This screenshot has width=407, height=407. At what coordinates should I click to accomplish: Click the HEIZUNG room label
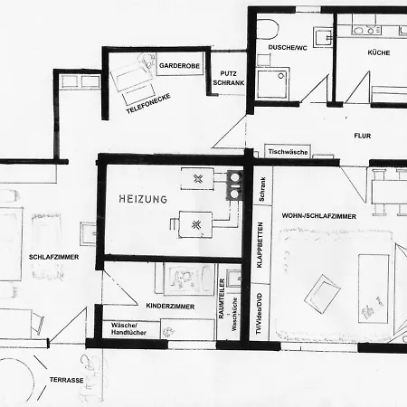tap(143, 199)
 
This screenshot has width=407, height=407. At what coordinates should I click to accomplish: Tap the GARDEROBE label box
tap(180, 65)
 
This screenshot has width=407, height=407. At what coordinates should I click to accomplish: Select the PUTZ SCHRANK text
tap(229, 78)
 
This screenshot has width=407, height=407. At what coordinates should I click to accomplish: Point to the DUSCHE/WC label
tap(288, 48)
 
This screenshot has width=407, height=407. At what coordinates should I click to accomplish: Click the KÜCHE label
tap(379, 52)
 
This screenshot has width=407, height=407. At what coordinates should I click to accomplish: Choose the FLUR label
tap(363, 136)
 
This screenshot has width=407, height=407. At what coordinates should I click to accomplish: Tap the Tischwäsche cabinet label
tap(288, 152)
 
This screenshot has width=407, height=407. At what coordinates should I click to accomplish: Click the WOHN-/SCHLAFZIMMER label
tap(319, 216)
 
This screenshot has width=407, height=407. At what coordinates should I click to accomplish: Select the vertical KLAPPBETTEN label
tap(260, 245)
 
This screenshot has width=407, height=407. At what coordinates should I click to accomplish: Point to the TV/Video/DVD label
tap(259, 314)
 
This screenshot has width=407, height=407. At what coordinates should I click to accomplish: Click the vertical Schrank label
tap(261, 189)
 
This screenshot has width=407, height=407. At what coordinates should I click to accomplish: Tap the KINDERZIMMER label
tap(170, 307)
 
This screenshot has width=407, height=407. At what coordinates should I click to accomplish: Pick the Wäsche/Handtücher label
tap(128, 329)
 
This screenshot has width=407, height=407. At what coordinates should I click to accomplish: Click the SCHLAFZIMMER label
tap(53, 257)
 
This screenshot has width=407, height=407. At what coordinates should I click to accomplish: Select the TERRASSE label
tap(67, 380)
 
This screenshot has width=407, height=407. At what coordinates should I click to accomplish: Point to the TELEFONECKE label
tap(148, 103)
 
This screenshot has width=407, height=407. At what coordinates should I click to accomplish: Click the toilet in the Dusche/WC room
tap(267, 29)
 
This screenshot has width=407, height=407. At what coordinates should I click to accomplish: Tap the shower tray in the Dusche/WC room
tap(273, 84)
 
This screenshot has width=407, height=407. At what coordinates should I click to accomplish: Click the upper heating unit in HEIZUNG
tap(197, 179)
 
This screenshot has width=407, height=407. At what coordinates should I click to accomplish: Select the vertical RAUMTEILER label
tap(222, 298)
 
